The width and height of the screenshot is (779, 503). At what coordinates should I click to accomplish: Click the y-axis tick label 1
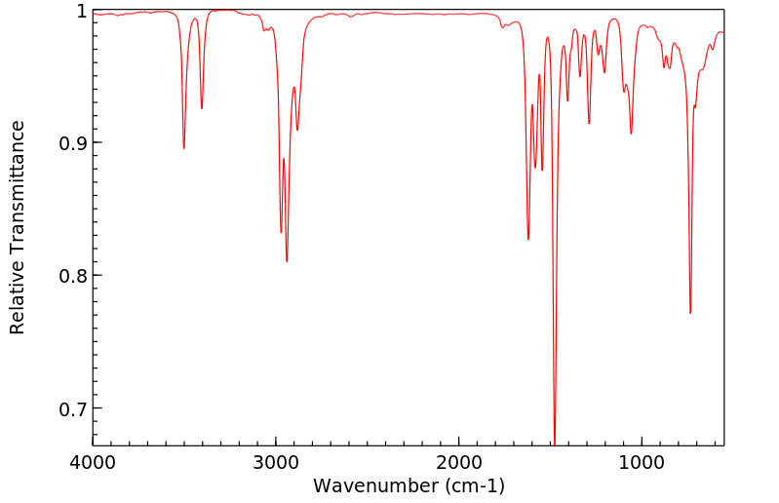tap(81, 11)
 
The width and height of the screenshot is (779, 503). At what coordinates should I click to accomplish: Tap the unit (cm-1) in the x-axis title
tap(472, 484)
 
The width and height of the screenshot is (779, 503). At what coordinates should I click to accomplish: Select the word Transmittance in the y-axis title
tap(17, 194)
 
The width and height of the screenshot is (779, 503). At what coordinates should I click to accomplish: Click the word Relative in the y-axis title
tap(17, 301)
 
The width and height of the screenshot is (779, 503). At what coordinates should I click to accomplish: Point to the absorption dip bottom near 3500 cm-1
tap(183, 148)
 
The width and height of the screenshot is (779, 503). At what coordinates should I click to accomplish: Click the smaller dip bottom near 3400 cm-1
tap(202, 108)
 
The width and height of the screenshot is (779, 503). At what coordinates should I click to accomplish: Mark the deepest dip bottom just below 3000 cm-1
tap(287, 261)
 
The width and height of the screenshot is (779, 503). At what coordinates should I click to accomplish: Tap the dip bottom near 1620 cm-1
tap(528, 239)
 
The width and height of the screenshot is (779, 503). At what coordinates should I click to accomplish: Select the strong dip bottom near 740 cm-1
tap(690, 313)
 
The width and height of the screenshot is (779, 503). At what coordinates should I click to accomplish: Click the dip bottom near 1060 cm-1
tap(631, 134)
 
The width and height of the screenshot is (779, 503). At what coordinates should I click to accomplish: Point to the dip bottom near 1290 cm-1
tap(589, 123)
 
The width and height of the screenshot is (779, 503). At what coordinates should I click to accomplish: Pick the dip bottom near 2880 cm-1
tap(297, 130)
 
